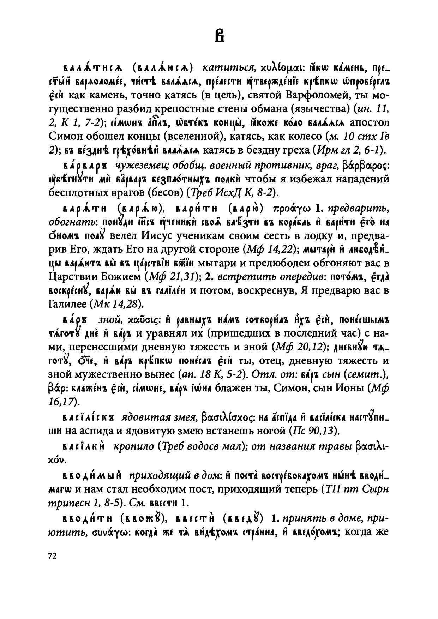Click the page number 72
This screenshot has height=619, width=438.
point(52,556)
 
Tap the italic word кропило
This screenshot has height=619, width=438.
point(133,446)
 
